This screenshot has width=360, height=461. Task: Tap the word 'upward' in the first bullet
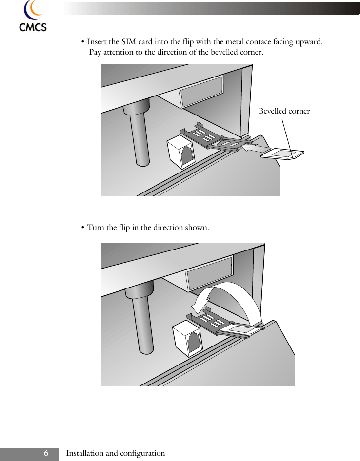click(309, 42)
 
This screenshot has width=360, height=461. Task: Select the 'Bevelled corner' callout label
click(284, 111)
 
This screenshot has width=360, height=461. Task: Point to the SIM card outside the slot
click(282, 154)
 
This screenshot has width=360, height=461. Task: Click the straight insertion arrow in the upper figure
click(254, 148)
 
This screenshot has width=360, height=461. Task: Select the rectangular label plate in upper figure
click(201, 96)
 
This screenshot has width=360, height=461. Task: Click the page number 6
click(46, 453)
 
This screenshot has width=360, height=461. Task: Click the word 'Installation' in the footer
click(85, 453)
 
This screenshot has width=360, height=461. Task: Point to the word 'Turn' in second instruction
click(95, 228)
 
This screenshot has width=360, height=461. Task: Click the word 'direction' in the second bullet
click(166, 228)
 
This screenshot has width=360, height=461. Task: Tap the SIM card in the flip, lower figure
click(237, 332)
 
